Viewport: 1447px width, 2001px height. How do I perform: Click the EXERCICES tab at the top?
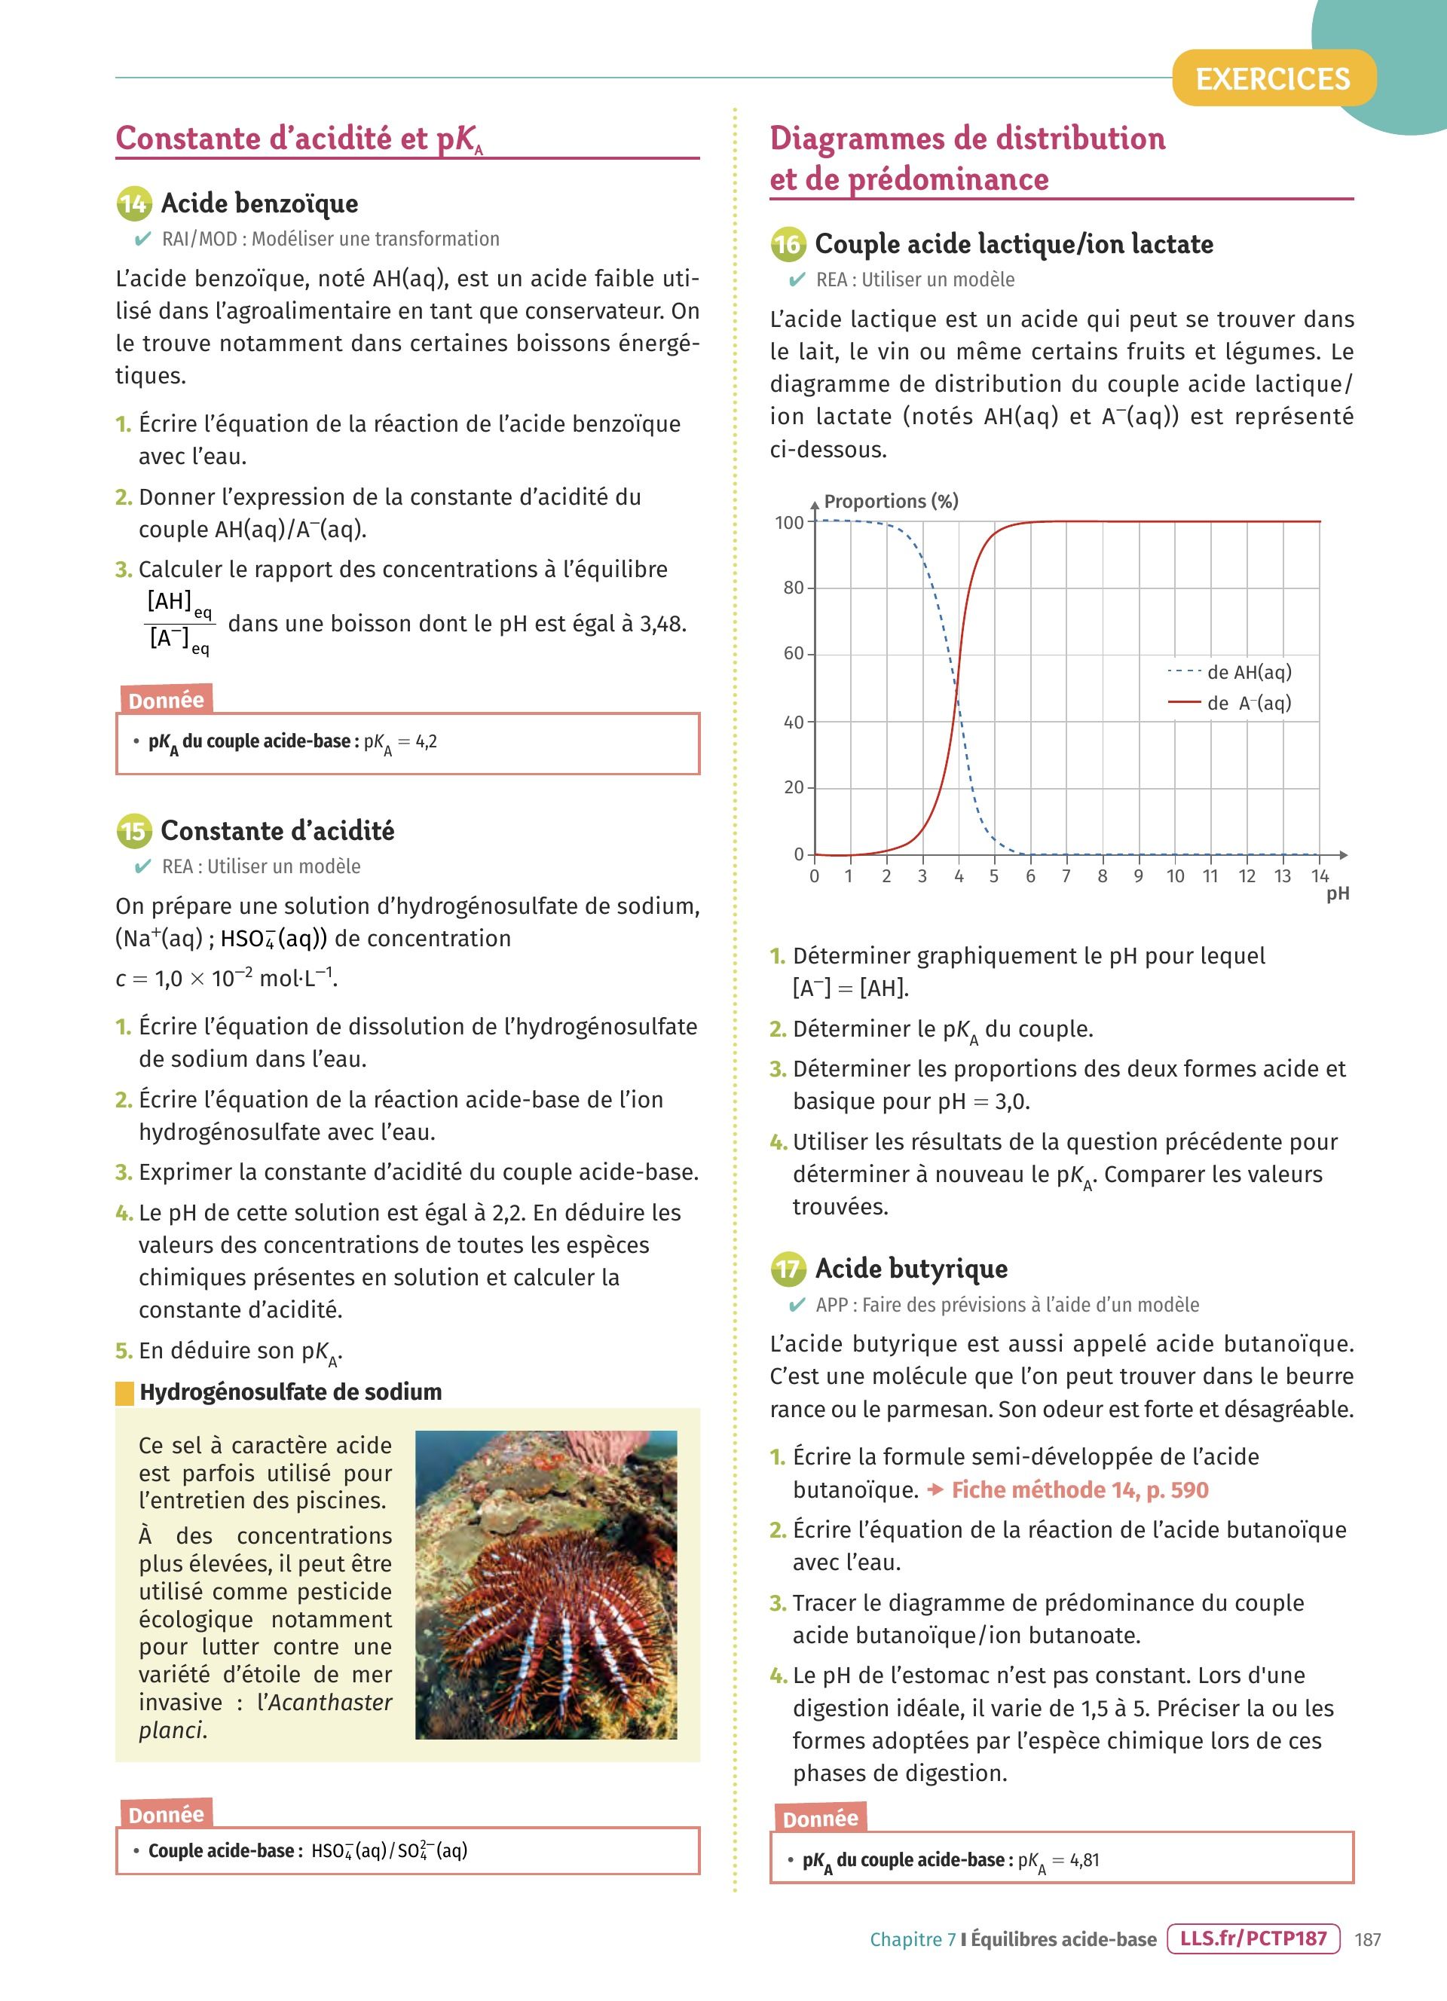click(1272, 79)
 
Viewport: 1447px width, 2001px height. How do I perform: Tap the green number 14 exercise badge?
click(134, 205)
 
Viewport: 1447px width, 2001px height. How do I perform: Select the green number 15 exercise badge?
click(134, 831)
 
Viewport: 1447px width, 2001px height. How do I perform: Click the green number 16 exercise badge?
click(788, 244)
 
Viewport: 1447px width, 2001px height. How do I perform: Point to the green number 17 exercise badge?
click(788, 1269)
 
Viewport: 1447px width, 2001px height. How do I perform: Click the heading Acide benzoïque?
click(259, 204)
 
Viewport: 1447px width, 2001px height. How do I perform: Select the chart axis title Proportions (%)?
click(890, 501)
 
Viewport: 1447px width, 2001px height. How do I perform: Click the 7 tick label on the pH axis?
click(1066, 876)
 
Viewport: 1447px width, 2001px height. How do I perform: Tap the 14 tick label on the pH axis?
click(1319, 876)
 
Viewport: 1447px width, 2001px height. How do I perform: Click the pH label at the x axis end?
click(1338, 894)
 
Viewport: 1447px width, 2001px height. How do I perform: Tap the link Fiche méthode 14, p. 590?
click(1079, 1490)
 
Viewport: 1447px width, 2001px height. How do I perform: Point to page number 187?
click(1368, 1939)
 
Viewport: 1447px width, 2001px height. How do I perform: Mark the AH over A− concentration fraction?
click(179, 624)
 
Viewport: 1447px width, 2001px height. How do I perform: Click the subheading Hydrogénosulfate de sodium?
click(290, 1392)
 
